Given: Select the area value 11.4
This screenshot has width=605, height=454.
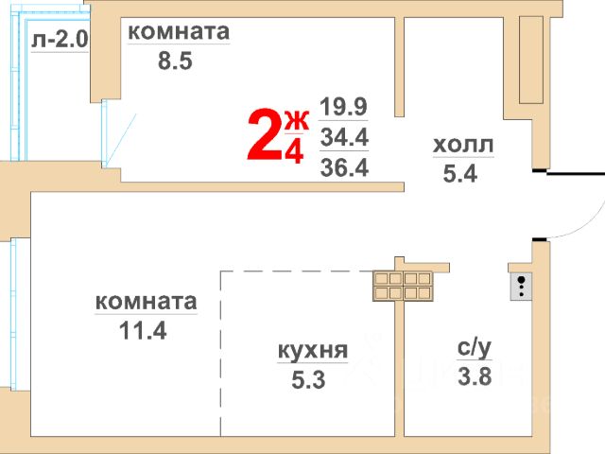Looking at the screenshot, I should (x=144, y=332).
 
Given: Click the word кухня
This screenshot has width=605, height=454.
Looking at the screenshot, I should (x=313, y=351).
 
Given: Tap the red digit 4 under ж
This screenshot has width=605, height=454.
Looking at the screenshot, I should (x=295, y=151).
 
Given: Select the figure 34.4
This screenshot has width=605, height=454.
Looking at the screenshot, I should (x=344, y=137).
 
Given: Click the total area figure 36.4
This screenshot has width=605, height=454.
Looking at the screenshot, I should (x=344, y=167).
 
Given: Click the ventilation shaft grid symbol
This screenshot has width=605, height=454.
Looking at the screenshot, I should (x=404, y=287).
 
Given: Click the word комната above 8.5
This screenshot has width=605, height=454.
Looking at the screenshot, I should (x=179, y=31).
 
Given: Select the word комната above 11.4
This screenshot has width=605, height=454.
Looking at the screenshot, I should (x=146, y=302).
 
